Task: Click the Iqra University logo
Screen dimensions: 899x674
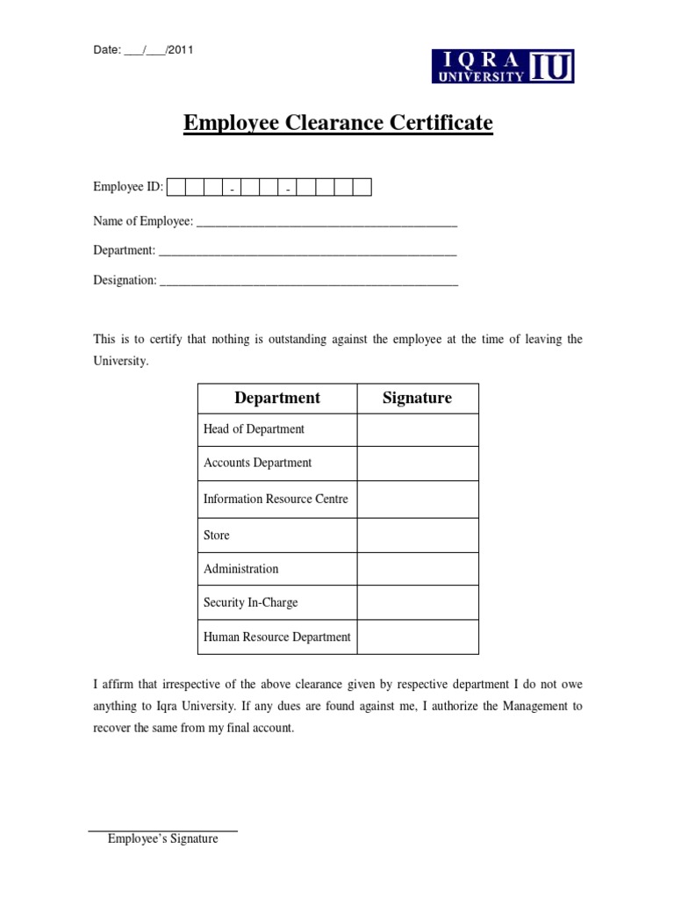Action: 503,66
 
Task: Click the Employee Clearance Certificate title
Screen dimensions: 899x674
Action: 338,123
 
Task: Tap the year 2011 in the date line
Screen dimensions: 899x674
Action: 180,50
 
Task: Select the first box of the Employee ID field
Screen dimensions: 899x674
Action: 176,187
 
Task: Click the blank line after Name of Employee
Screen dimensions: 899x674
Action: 326,223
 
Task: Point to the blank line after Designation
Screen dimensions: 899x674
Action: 310,281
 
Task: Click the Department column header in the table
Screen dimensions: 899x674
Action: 277,398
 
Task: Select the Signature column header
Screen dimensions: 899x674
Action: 418,398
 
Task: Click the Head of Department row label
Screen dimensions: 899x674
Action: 254,429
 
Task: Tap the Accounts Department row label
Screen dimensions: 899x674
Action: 257,463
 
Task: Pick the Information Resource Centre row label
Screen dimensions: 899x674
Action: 276,499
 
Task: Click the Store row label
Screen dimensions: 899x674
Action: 217,535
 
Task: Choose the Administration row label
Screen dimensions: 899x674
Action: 240,569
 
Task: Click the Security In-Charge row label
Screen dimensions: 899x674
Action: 250,602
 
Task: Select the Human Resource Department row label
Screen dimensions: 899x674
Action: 276,637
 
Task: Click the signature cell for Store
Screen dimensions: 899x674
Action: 418,535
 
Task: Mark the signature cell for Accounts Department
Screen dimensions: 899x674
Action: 418,464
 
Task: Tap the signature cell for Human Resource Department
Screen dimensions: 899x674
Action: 418,637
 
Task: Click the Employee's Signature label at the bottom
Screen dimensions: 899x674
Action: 162,838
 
